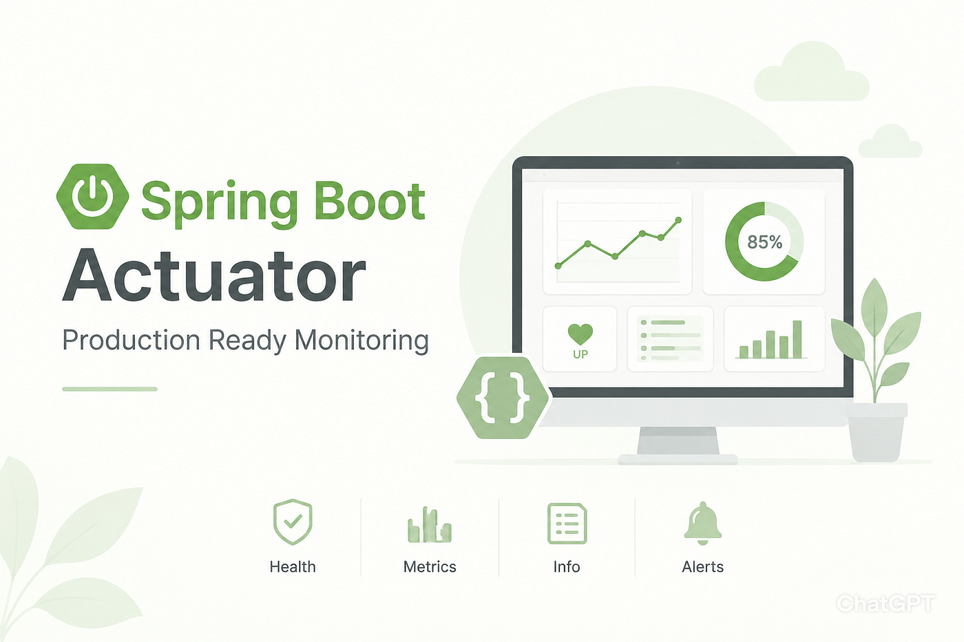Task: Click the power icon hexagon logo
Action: coord(92,196)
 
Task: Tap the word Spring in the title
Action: coord(220,203)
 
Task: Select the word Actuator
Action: coord(214,275)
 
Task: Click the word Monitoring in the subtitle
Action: coord(361,341)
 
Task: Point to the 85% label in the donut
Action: coord(765,242)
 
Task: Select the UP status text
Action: coord(580,354)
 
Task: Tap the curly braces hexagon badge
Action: coord(502,397)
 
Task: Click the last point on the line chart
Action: coord(679,220)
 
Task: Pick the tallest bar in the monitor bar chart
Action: coord(797,339)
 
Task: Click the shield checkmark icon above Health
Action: coord(293,522)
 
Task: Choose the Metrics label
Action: coord(430,567)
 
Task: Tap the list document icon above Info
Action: coord(567,524)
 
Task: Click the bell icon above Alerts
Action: coord(703,523)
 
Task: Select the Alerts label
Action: coord(703,567)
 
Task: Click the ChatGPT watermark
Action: coord(886,603)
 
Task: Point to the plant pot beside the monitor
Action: coord(876,432)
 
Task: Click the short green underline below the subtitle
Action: coord(109,389)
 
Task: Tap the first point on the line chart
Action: coord(558,266)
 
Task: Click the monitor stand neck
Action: coord(678,440)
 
